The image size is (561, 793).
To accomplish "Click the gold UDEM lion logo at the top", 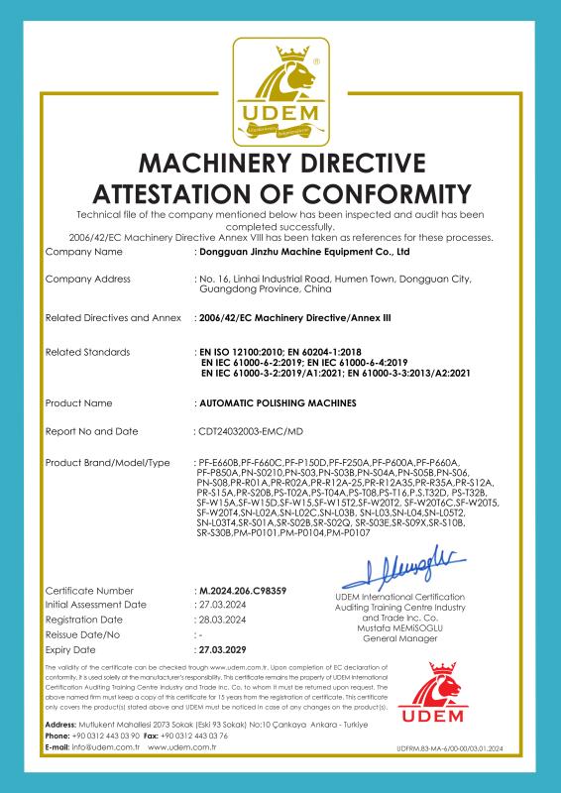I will point(280,94).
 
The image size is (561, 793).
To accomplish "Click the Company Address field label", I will point(94,280).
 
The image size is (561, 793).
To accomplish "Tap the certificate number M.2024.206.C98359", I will point(243,591).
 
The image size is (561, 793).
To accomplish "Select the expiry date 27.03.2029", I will point(224,649).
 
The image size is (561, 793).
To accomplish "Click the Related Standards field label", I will point(88,352).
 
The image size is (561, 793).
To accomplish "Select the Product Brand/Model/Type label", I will point(108,463).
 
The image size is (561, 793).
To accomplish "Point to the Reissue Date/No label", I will point(83,634).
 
